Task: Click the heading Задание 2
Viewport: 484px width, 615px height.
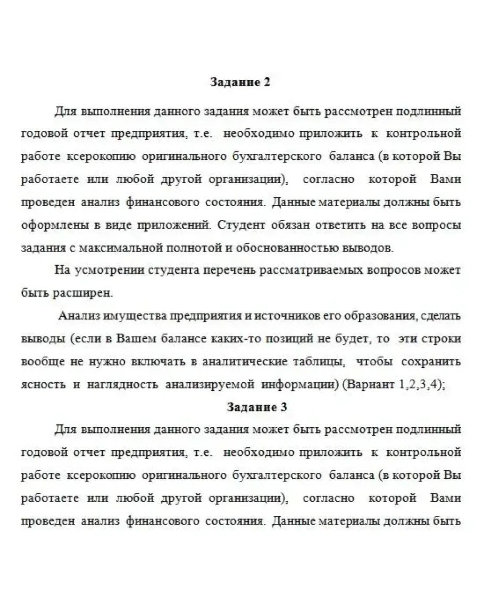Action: tap(241, 83)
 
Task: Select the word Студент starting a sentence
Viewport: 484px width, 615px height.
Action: tap(240, 225)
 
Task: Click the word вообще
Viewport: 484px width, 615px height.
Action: tap(41, 362)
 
